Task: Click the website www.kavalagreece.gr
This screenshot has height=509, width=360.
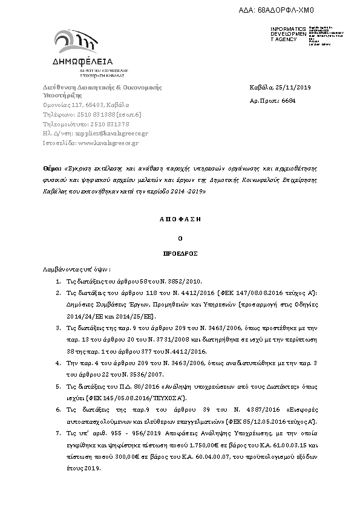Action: pos(108,143)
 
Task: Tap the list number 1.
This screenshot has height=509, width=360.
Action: pos(57,282)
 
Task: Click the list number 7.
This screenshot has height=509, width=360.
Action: pos(57,433)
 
